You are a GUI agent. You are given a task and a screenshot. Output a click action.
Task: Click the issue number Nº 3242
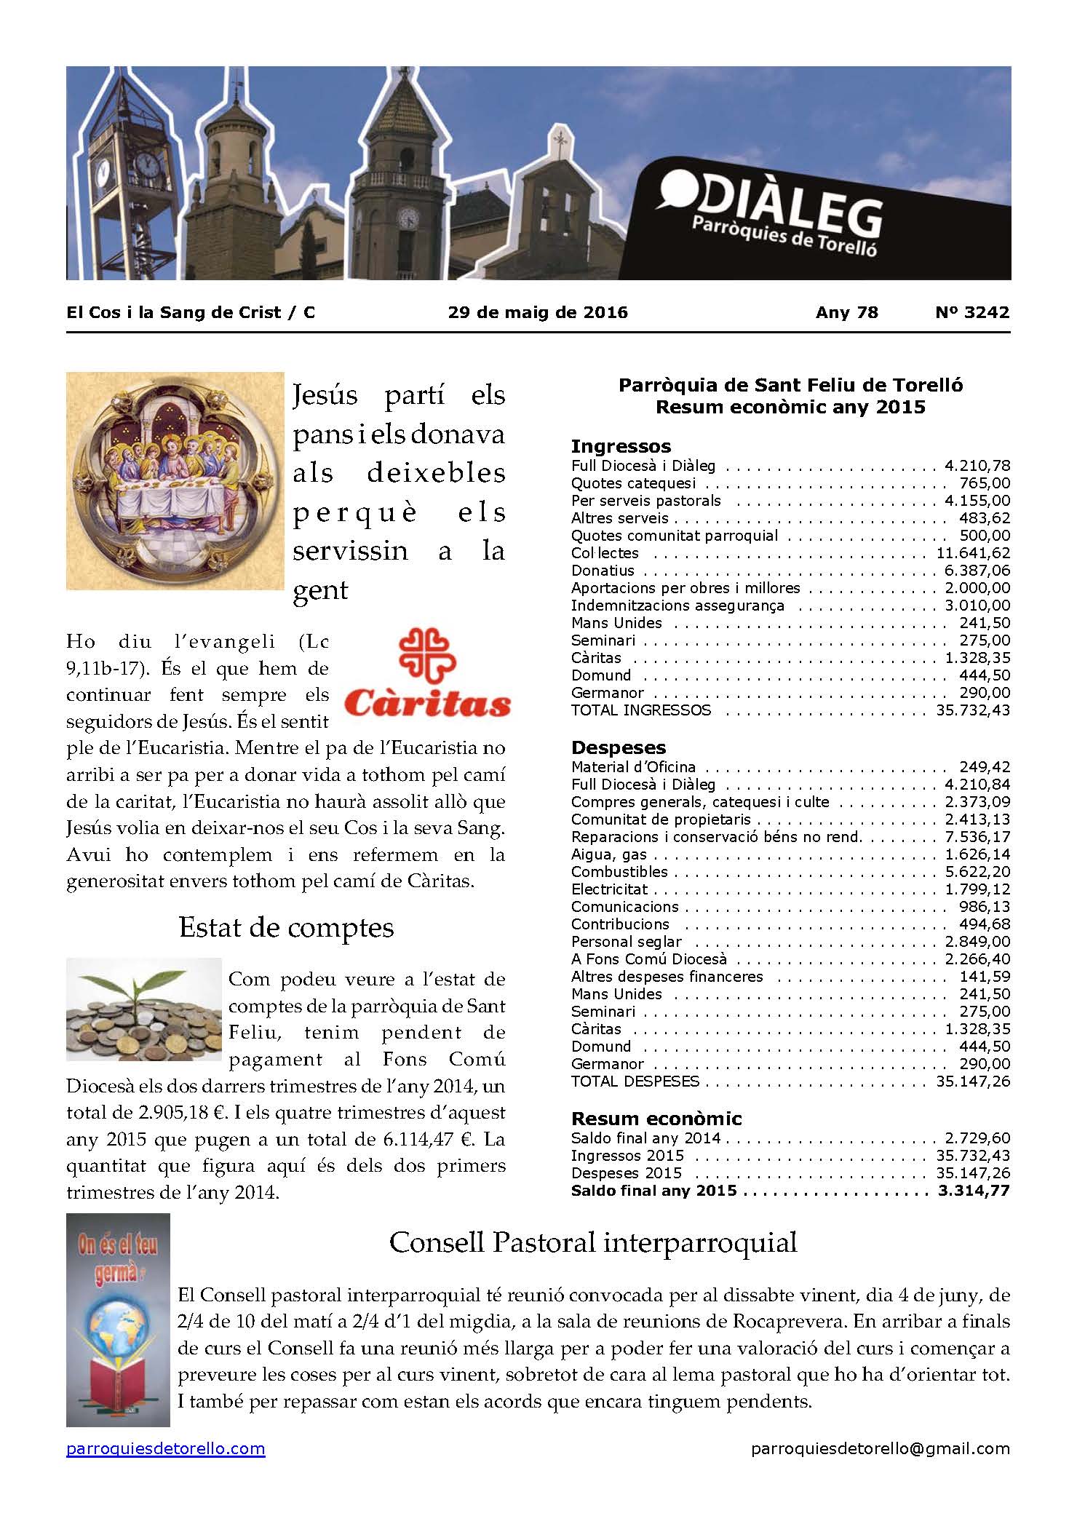tap(972, 312)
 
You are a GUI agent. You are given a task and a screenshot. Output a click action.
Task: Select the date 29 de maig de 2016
tap(538, 312)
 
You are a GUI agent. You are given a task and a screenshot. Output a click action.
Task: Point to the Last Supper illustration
tap(175, 480)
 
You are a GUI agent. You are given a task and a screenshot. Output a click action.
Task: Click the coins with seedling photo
tap(143, 1009)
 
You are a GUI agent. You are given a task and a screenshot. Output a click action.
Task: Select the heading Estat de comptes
tap(286, 928)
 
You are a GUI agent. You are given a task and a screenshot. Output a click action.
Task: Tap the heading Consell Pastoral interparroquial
tap(593, 1242)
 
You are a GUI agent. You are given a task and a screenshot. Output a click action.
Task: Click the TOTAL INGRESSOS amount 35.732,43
tap(972, 710)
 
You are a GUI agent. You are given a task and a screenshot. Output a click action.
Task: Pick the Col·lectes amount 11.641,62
tap(972, 553)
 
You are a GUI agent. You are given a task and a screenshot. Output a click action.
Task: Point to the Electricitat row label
tap(609, 889)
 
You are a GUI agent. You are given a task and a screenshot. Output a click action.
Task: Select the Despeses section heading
tap(619, 747)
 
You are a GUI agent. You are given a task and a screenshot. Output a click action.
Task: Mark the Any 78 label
tap(846, 312)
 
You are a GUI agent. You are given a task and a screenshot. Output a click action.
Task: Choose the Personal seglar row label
tap(626, 942)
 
